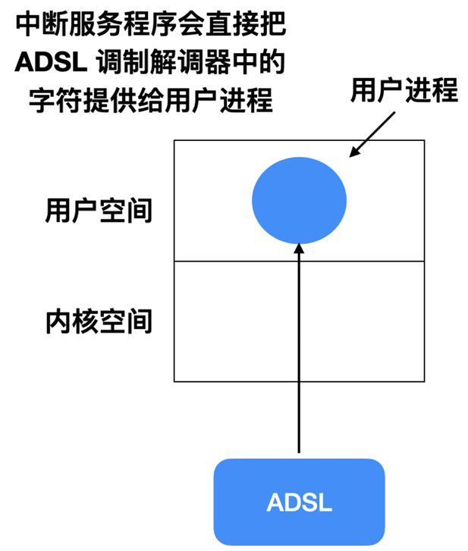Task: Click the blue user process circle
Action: click(299, 200)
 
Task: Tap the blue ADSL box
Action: click(299, 501)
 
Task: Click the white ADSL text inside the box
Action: click(299, 502)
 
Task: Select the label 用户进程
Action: click(404, 90)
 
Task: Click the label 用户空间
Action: click(99, 211)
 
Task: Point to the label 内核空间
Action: click(99, 321)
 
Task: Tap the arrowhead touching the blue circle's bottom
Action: click(300, 249)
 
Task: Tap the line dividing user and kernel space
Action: click(228, 261)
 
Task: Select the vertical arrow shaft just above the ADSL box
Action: click(300, 424)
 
